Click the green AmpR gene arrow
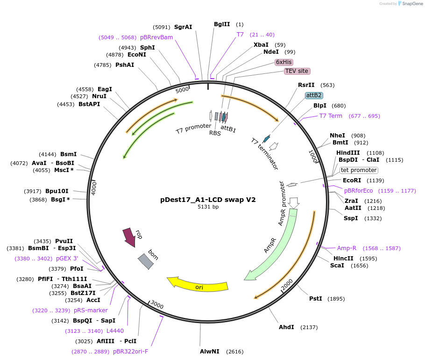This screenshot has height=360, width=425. pos(276,248)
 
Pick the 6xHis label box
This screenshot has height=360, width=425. pos(284,62)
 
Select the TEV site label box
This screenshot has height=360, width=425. pos(297,71)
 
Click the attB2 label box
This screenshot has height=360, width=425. pos(313,95)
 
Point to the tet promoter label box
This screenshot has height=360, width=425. pos(358,170)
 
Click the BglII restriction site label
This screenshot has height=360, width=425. pos(222,24)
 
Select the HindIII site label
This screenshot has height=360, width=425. pos(348,153)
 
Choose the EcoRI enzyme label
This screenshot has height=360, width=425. pos(352,180)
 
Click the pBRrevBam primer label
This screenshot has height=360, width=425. pos(156,37)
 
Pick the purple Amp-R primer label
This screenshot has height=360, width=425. pos(347,248)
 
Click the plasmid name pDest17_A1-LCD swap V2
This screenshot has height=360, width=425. pos(208,199)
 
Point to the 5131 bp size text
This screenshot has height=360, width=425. pos(208,207)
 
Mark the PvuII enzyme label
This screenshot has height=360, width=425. pos(64,241)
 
